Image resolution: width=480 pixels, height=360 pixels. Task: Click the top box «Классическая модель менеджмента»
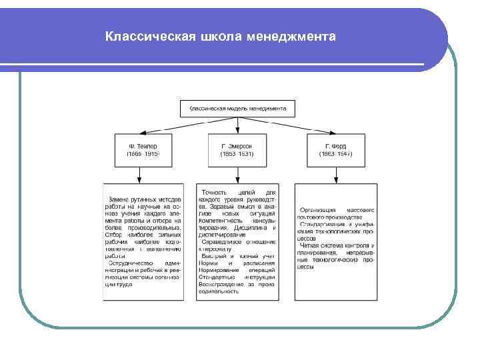coord(238,108)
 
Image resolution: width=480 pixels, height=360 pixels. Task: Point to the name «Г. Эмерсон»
coord(237,145)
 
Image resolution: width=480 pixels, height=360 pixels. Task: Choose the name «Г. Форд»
coord(335,145)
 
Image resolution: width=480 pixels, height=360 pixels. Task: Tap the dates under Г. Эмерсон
coord(237,154)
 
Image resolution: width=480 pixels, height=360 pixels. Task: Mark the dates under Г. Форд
coord(335,154)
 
